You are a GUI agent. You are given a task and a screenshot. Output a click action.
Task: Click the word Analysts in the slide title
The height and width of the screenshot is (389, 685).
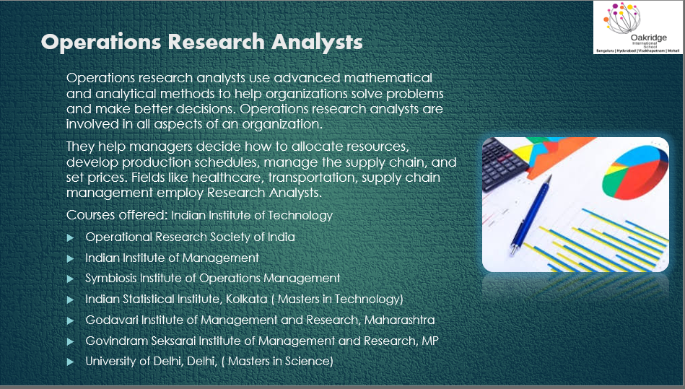coord(317,43)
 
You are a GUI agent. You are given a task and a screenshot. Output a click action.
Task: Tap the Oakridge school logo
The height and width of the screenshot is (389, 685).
coord(638,27)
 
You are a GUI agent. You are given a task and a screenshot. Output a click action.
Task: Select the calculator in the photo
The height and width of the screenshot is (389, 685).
coord(505,162)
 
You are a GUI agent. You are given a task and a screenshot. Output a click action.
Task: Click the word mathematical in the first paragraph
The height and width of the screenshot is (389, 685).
coord(388,78)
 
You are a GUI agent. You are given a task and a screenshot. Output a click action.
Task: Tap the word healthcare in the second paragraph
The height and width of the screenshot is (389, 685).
coord(227,178)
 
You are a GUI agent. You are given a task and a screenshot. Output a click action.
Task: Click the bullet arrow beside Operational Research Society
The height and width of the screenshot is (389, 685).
coord(70,237)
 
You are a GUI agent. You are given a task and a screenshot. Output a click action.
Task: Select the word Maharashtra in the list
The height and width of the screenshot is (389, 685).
coord(399,320)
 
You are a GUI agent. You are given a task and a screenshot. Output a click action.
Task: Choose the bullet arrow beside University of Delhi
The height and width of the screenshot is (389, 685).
coord(70,362)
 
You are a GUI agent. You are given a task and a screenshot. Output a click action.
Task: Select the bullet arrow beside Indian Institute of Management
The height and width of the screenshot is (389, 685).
coord(70,258)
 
